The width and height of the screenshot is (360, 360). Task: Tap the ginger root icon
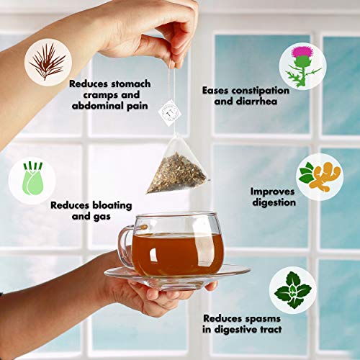(x=318, y=174)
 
